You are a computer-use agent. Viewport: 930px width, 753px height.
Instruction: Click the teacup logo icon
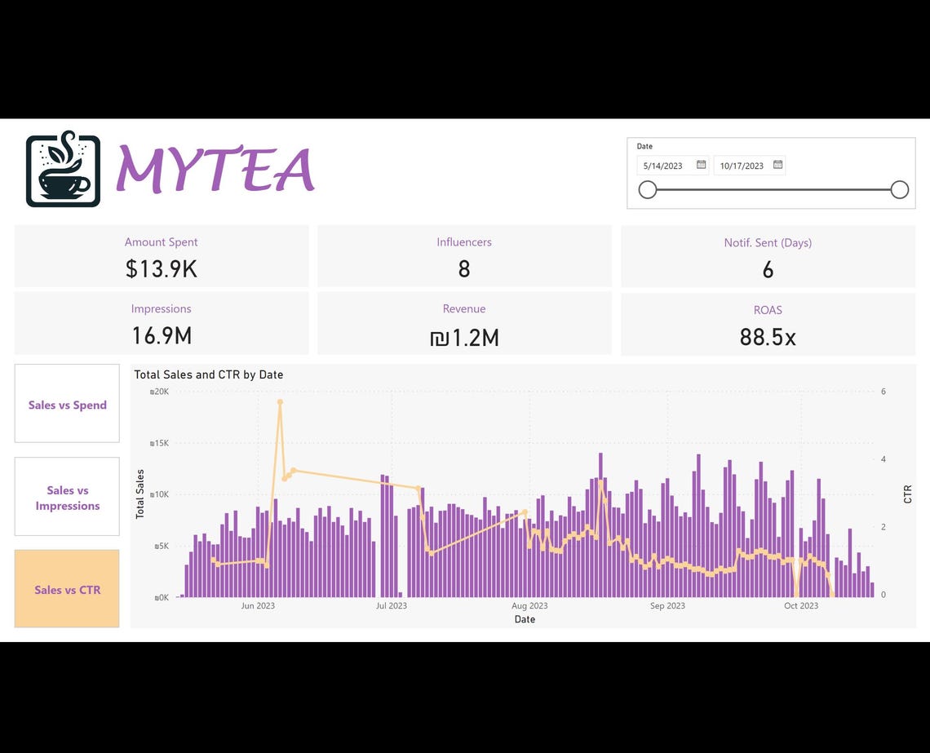[x=63, y=170]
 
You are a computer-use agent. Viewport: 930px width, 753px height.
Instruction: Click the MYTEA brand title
[x=215, y=171]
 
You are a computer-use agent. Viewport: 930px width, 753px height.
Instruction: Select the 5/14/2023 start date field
[x=663, y=166]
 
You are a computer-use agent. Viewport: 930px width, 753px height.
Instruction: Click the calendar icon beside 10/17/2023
[x=777, y=165]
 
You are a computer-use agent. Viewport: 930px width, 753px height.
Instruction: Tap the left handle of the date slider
[x=647, y=190]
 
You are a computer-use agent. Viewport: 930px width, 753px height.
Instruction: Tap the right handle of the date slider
[x=899, y=190]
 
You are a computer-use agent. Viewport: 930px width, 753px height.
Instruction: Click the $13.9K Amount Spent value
[x=161, y=268]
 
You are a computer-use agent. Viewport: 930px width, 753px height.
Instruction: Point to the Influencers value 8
[x=463, y=268]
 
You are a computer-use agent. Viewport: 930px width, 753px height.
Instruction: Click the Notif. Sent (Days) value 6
[x=767, y=270]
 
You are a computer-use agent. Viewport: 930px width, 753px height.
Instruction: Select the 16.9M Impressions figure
[x=161, y=335]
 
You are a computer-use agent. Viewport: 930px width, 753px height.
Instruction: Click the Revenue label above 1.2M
[x=463, y=308]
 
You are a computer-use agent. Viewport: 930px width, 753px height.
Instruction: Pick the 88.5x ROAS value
[x=767, y=336]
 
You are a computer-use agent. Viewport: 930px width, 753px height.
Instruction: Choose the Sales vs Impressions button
[x=67, y=498]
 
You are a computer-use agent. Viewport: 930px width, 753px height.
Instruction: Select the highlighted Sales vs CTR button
[x=67, y=589]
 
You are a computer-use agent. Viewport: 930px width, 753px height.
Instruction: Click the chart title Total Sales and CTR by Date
[x=208, y=374]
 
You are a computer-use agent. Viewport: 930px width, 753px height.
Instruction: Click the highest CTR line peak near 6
[x=280, y=401]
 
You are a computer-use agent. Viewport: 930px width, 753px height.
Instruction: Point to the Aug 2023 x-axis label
[x=529, y=605]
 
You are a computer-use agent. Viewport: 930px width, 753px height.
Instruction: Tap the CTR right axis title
[x=908, y=494]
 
